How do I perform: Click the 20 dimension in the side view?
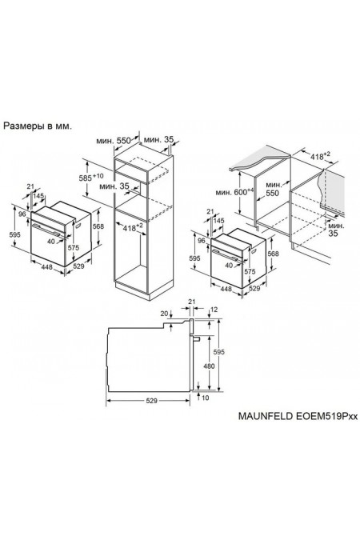click(x=164, y=314)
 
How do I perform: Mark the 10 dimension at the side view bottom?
click(x=205, y=398)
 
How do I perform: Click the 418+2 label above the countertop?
click(x=321, y=155)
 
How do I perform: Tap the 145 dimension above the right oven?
click(x=219, y=220)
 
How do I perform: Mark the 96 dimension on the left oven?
click(x=22, y=215)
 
